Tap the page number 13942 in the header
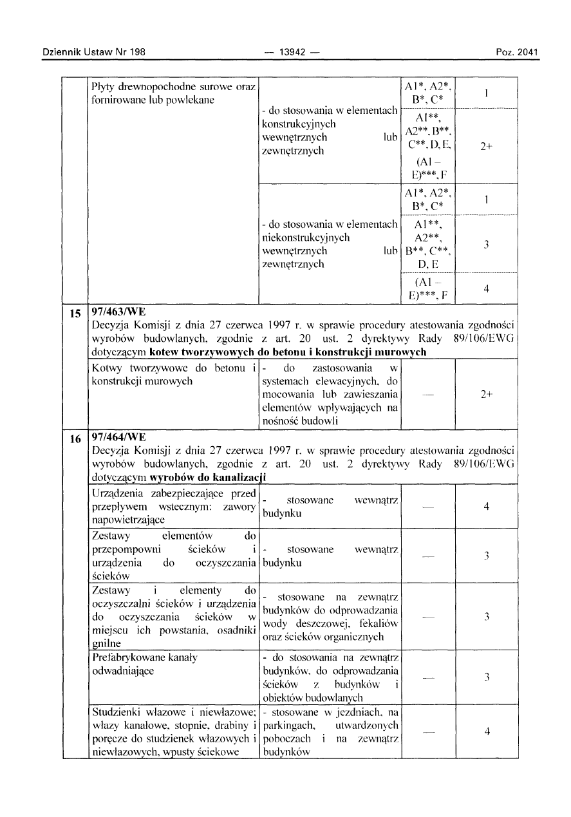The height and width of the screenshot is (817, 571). [283, 52]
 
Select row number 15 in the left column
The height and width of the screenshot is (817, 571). [75, 315]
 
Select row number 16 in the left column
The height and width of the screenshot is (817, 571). [75, 440]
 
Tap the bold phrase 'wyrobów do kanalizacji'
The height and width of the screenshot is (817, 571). [208, 478]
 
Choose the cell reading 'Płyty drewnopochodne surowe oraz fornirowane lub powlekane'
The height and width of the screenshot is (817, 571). [174, 93]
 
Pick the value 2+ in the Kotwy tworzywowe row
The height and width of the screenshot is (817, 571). [487, 395]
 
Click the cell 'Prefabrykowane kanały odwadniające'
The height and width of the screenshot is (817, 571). [146, 663]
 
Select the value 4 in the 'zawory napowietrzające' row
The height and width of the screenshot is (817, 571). [487, 507]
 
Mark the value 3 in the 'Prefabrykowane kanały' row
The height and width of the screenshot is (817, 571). [487, 677]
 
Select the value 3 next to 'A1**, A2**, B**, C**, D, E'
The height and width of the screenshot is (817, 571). [487, 244]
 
